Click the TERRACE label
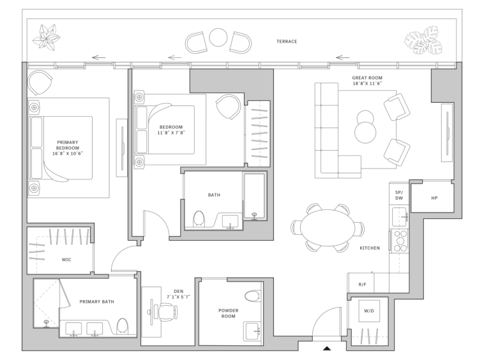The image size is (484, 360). coord(287,41)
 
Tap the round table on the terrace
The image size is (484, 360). coord(218,37)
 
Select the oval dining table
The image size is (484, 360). coord(327,228)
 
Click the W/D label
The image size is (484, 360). coord(369,311)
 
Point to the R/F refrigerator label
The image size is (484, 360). coord(363,285)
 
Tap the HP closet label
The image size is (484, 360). coord(434,198)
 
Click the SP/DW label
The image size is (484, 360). coord(399,195)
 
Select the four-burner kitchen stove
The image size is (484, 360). coord(400,241)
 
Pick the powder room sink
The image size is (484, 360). coord(252,331)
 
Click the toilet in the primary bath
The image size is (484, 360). coord(123,326)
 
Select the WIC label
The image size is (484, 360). coord(66,260)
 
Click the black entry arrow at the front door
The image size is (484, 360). coord(327,349)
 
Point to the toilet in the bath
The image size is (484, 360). coord(199,219)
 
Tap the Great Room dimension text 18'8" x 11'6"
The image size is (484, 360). coord(367,84)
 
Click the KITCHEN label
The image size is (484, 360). coord(370,248)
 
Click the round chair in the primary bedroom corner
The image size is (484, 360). coord(40,82)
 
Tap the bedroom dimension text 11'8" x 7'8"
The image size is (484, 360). coord(171,133)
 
